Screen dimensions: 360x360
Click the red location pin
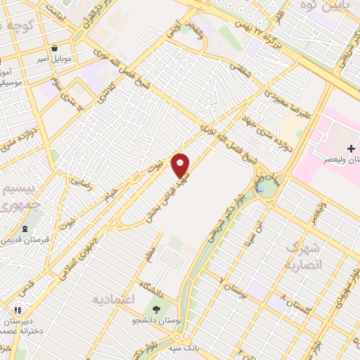pyautogui.click(x=181, y=165)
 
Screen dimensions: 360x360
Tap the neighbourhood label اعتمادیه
pyautogui.click(x=113, y=300)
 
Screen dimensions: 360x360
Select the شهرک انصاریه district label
pyautogui.click(x=304, y=257)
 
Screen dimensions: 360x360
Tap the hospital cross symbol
pyautogui.click(x=350, y=149)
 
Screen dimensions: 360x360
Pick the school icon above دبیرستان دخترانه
pyautogui.click(x=18, y=309)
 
